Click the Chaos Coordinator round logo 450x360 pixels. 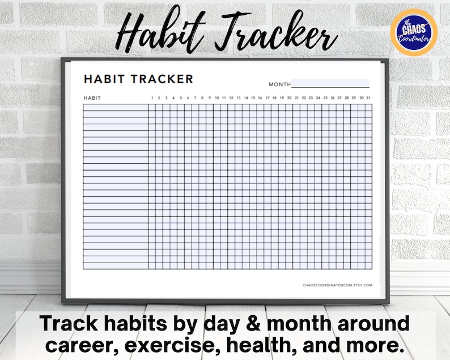click(414, 32)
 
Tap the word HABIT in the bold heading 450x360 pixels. click(104, 79)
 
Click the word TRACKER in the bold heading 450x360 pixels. click(162, 79)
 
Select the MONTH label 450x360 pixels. click(279, 84)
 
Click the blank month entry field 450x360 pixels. click(330, 83)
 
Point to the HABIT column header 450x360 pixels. click(92, 98)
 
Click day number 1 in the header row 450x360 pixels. click(152, 98)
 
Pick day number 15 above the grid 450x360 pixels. click(253, 98)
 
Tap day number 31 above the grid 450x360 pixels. click(368, 98)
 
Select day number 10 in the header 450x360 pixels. click(217, 98)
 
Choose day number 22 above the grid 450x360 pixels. click(304, 98)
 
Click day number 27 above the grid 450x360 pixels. click(339, 98)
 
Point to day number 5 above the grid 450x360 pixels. click(181, 98)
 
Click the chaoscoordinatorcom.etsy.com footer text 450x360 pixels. click(337, 285)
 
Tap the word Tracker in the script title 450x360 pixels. click(275, 32)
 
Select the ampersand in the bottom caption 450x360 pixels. click(253, 323)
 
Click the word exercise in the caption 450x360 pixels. click(170, 346)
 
